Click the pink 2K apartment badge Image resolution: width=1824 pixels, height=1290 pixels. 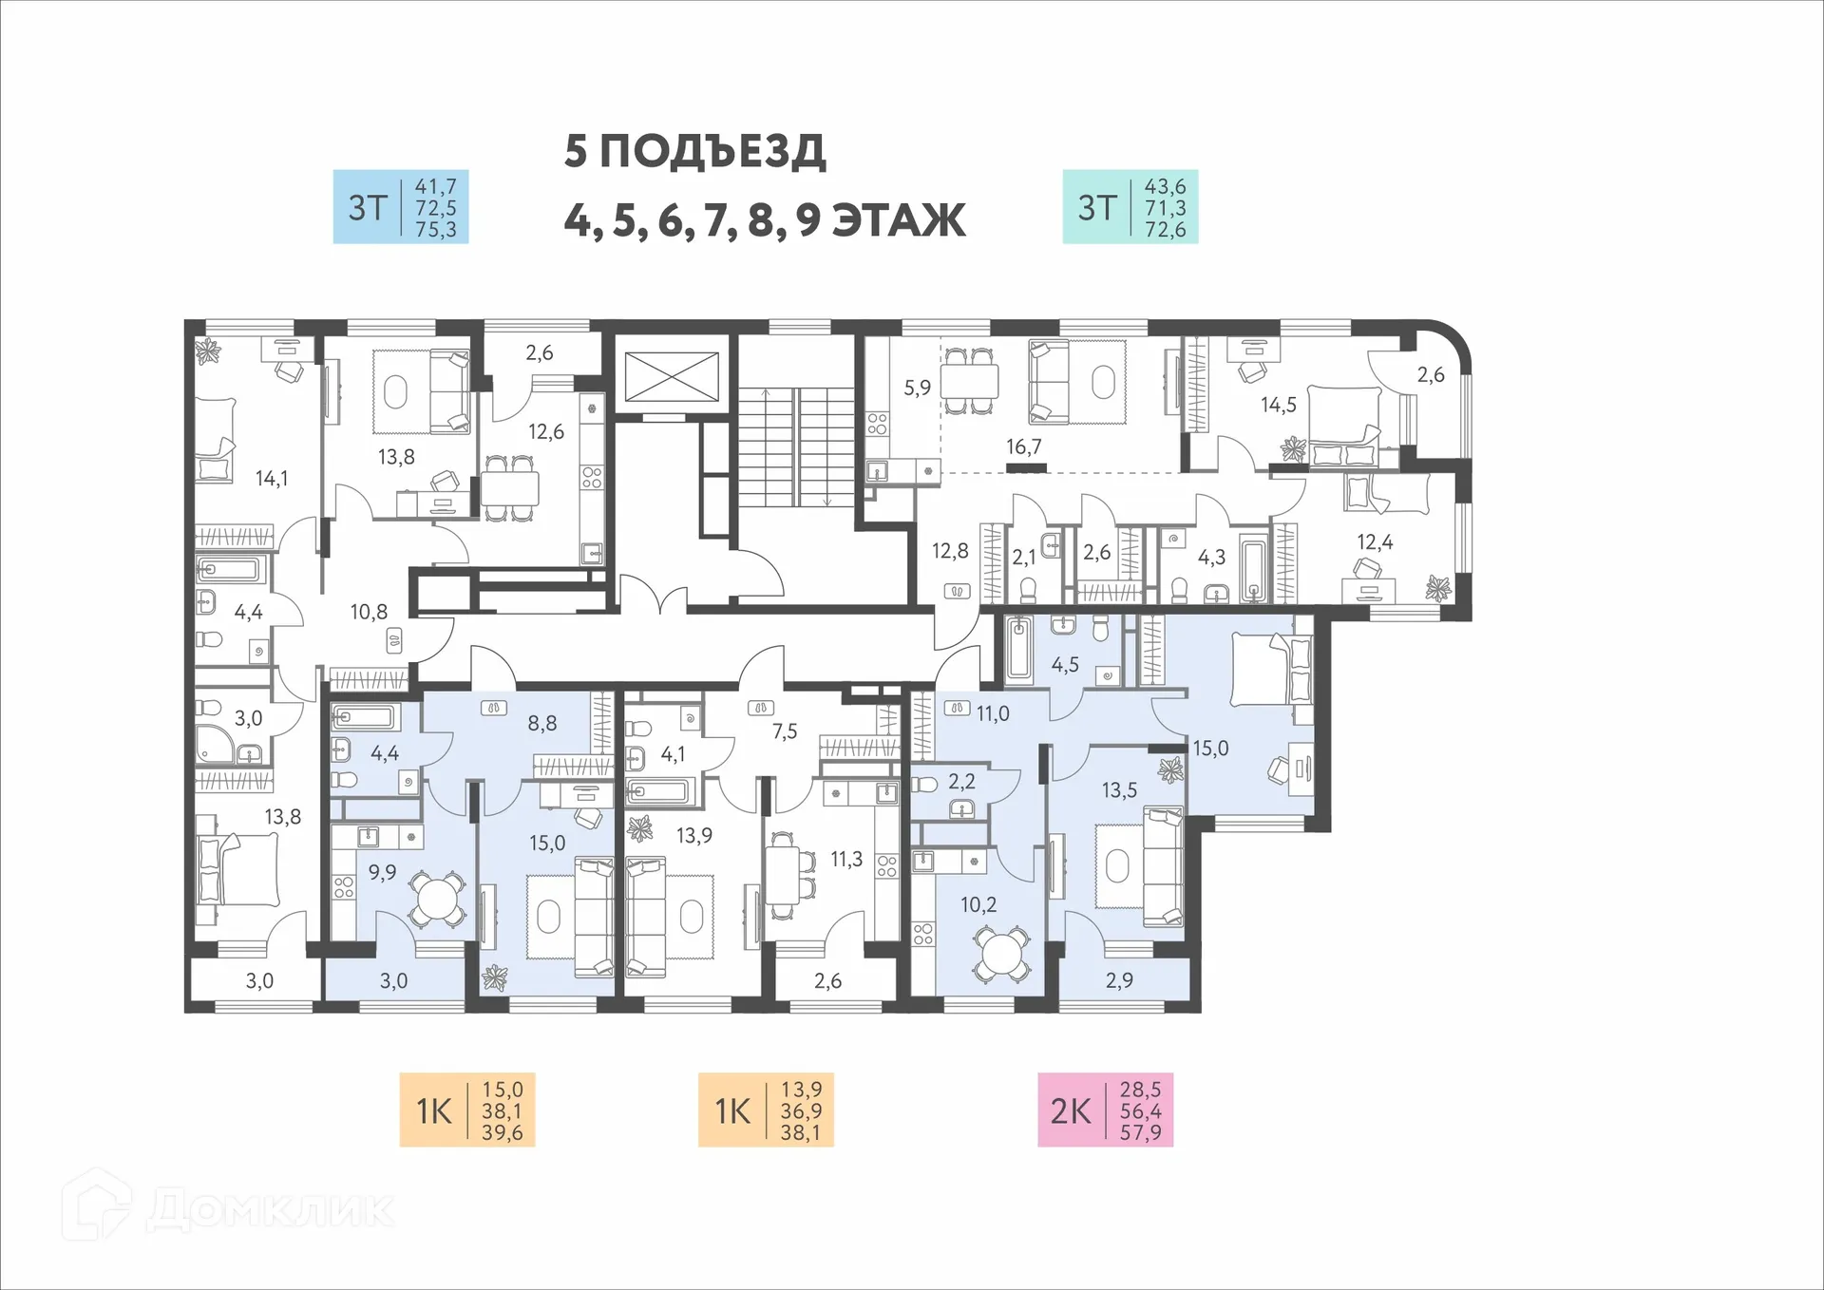[x=1105, y=1110]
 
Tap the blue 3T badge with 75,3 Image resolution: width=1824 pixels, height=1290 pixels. [x=400, y=207]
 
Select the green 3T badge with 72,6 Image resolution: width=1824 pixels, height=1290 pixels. [x=1130, y=207]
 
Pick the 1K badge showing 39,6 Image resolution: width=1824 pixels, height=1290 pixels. [x=466, y=1110]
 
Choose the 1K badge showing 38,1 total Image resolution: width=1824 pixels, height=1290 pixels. [x=766, y=1110]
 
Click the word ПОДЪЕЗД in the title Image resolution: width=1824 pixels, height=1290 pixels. [x=712, y=152]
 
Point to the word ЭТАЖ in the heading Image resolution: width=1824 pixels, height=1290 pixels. [x=899, y=220]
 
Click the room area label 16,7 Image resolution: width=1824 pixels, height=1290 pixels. [x=1024, y=446]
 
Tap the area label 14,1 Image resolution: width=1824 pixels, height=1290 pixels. [x=272, y=479]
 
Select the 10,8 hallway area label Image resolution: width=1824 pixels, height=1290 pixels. [x=369, y=612]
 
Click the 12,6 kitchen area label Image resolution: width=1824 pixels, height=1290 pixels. [x=546, y=432]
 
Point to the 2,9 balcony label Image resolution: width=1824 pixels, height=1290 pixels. [x=1119, y=980]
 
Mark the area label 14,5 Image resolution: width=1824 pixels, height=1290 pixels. [x=1279, y=406]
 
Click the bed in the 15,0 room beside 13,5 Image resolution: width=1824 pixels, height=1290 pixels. [x=1270, y=672]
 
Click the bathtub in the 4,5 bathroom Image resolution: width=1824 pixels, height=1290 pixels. [x=1019, y=649]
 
